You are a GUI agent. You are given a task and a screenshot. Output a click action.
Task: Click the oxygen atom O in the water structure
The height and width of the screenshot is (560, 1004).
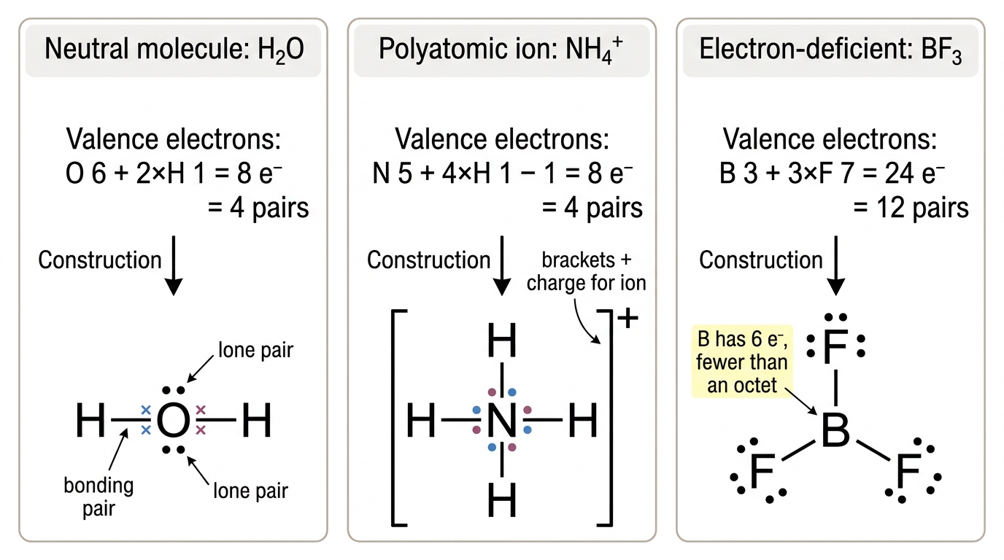click(x=173, y=420)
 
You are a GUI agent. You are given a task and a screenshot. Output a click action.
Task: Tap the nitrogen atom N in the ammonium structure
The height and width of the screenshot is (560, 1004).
click(x=502, y=420)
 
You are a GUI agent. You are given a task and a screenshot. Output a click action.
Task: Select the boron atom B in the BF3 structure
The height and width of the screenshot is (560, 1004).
click(x=835, y=430)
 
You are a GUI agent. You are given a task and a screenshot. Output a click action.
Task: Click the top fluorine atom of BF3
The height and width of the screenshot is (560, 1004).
click(x=835, y=346)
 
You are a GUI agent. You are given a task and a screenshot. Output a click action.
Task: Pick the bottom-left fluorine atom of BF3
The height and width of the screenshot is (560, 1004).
click(x=762, y=471)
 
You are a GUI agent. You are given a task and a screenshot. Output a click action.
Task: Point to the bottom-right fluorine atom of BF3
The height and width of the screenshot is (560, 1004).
click(x=908, y=471)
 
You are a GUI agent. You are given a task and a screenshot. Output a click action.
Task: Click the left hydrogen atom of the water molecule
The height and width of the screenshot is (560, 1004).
click(x=90, y=420)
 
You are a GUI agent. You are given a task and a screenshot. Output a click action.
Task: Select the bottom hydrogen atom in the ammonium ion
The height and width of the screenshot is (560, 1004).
click(x=502, y=499)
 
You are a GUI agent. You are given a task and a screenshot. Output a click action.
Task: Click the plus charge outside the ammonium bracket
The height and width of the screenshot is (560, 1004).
click(x=627, y=319)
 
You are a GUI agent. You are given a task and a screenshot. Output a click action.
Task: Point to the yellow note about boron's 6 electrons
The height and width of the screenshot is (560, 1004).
click(x=742, y=362)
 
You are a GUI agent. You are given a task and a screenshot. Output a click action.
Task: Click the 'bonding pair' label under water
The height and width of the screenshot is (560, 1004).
click(x=99, y=497)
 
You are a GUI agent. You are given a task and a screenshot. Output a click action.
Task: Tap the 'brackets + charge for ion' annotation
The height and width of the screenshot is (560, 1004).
click(x=586, y=271)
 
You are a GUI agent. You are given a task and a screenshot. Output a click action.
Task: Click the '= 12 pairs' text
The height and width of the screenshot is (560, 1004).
click(x=911, y=208)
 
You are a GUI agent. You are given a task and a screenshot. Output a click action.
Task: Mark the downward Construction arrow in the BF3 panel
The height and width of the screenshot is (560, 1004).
click(x=836, y=265)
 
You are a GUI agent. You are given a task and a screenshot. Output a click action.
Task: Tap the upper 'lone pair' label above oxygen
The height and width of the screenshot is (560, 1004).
click(x=255, y=349)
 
